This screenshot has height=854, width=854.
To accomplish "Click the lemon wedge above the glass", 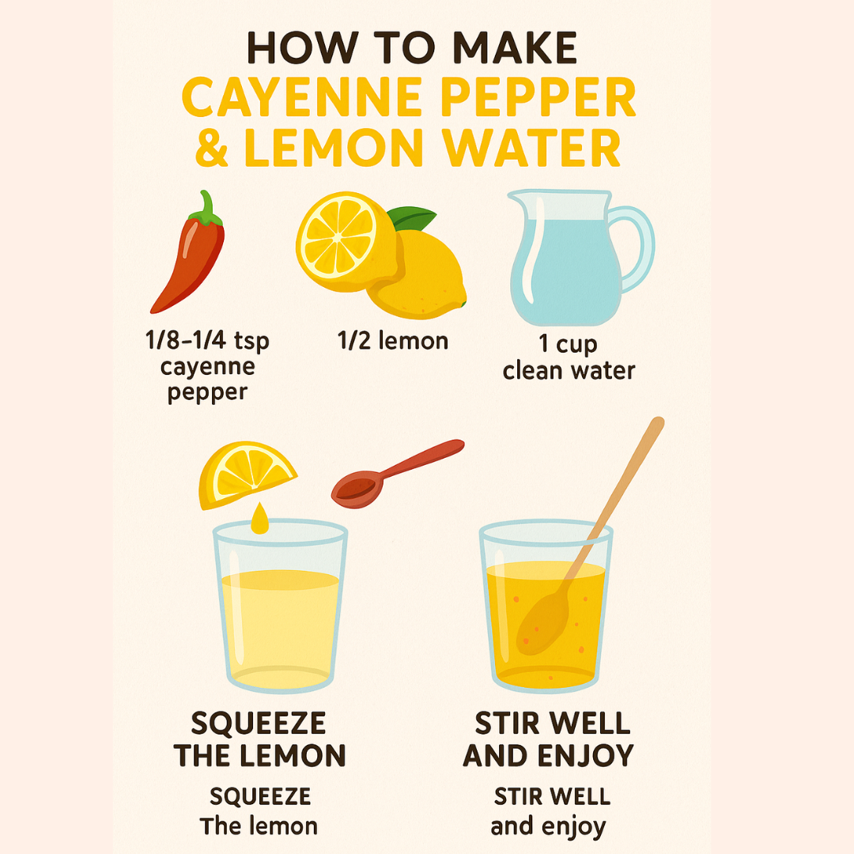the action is click(x=246, y=474).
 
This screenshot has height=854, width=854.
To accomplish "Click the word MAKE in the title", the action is click(x=515, y=48).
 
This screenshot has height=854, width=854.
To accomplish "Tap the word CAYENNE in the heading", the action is click(x=302, y=97).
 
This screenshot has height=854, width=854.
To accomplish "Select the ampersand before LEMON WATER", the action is click(x=212, y=148).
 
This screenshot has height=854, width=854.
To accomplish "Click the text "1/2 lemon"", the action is click(x=393, y=341).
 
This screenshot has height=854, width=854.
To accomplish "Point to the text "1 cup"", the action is click(x=568, y=345).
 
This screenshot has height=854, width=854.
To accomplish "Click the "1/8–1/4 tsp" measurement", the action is click(x=207, y=341).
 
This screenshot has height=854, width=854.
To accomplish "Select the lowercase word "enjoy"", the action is click(x=572, y=827).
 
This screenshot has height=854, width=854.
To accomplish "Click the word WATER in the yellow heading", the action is click(x=531, y=148).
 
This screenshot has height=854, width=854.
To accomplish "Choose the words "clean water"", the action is click(x=569, y=371).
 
